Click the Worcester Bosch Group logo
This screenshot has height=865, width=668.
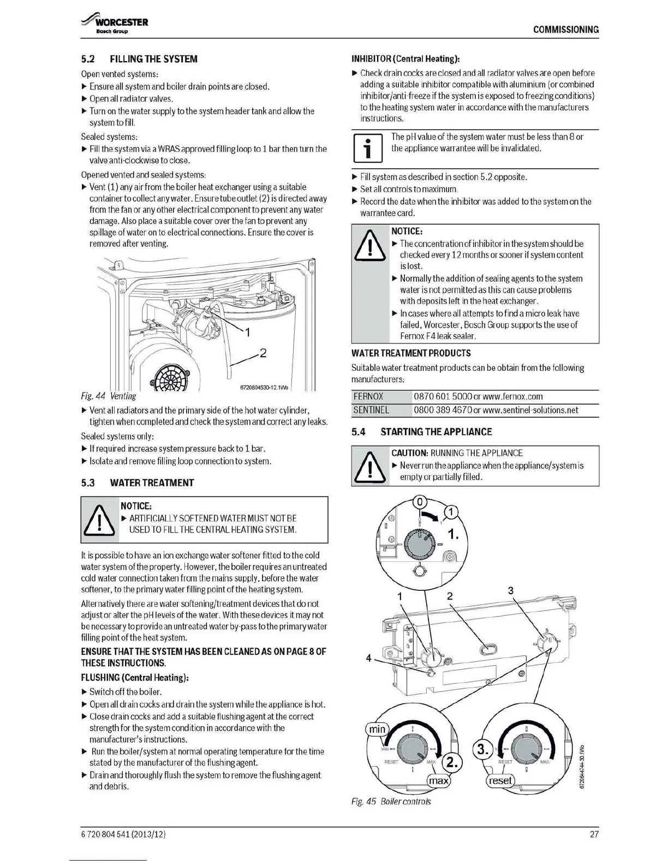click(115, 25)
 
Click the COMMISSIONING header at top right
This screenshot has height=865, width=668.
click(565, 29)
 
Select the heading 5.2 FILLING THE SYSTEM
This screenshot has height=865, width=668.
click(139, 59)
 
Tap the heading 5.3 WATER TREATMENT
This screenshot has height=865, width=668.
click(137, 483)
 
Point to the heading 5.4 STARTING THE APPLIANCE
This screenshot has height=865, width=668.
click(421, 432)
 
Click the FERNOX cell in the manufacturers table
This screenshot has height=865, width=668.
click(368, 397)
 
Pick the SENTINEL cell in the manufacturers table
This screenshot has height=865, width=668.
click(371, 410)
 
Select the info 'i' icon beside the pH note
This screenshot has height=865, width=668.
click(368, 149)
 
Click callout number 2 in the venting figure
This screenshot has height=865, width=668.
click(263, 353)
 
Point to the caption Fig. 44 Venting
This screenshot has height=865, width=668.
click(108, 396)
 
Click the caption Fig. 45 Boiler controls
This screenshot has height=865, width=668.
click(391, 802)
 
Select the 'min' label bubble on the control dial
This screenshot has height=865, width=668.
click(377, 729)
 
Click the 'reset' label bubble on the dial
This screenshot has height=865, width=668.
click(500, 780)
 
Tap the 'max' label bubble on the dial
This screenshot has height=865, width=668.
click(439, 781)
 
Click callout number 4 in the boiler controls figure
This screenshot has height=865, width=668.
click(368, 658)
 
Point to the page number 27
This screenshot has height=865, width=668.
click(594, 834)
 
